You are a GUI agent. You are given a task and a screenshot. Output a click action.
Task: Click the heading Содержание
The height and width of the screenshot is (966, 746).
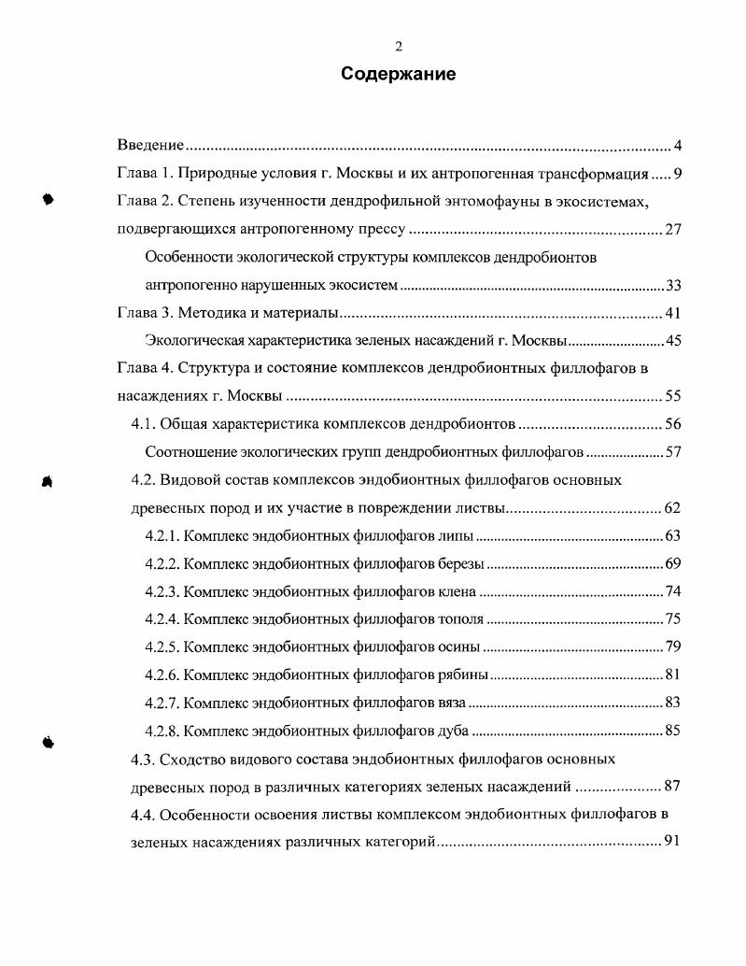click(x=398, y=75)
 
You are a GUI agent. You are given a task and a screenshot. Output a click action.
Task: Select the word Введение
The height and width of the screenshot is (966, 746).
click(x=149, y=146)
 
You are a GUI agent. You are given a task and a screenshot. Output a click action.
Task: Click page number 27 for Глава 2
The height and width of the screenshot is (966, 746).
click(x=674, y=230)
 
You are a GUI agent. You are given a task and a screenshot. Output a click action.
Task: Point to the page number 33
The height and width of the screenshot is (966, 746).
click(x=674, y=285)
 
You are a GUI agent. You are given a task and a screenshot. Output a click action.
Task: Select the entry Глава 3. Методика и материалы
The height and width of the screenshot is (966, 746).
click(x=227, y=313)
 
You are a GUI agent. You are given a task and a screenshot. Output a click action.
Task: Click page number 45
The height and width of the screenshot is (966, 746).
click(x=674, y=340)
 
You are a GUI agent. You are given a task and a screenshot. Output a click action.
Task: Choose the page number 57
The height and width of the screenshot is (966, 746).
click(x=674, y=452)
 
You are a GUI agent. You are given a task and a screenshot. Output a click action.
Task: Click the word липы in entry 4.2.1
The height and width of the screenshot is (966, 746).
click(x=456, y=536)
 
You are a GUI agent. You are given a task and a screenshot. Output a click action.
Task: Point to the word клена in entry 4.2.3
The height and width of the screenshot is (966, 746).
click(x=457, y=591)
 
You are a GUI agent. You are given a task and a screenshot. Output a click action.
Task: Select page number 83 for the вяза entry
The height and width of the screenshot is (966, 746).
click(x=674, y=703)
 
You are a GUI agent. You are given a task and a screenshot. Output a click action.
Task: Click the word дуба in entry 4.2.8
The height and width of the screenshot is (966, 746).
click(x=453, y=731)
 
